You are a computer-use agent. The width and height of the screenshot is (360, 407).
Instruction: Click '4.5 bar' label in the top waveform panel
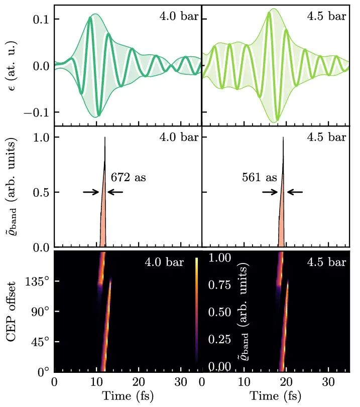coord(326,17)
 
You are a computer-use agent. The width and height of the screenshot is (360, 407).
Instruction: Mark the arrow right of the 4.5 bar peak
coord(295,192)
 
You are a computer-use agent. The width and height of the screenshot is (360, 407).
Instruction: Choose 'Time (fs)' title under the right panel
coord(275,396)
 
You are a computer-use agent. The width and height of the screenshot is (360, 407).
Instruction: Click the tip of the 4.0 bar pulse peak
coord(105,138)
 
